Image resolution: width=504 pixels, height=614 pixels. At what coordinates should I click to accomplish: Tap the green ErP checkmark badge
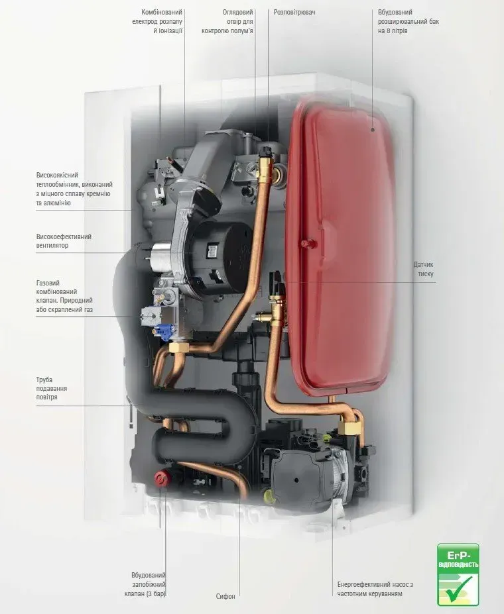(458, 574)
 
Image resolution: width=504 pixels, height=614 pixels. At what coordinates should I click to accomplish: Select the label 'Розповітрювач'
(294, 12)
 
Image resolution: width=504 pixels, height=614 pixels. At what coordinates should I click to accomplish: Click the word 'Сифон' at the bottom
(225, 596)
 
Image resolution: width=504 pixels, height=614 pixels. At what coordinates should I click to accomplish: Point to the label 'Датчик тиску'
(423, 270)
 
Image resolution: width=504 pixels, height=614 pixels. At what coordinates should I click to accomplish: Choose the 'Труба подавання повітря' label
(52, 388)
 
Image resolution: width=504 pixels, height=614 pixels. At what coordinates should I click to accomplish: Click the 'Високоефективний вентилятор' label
(64, 241)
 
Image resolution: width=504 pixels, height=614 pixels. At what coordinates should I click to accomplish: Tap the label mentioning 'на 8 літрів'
(409, 22)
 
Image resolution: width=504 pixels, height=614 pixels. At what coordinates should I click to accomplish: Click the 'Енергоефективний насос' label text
(375, 589)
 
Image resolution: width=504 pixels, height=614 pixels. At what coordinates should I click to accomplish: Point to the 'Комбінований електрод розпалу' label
(158, 22)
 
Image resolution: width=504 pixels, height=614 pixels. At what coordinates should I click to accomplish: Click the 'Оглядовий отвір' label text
(227, 22)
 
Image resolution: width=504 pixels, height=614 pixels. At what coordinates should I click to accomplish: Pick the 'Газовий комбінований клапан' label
(64, 296)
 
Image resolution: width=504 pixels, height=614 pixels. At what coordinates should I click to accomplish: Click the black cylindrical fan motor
(217, 258)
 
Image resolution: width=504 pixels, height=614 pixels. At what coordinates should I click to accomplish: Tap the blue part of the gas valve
(163, 332)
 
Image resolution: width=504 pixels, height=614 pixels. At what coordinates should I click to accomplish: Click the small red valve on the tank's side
(305, 243)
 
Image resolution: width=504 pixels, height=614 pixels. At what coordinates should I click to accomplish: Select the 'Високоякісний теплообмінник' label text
(74, 189)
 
